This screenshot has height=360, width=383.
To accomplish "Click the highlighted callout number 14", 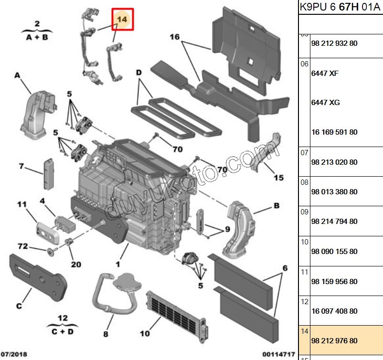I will tap(123, 19).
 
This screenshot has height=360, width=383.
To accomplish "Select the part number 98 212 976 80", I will tap(334, 341).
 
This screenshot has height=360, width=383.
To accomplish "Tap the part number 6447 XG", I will tap(325, 103).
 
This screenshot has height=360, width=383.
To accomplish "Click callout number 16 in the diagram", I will tap(174, 37).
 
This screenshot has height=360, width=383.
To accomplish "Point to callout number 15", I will tap(278, 178).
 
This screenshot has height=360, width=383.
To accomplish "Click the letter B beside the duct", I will tap(277, 207).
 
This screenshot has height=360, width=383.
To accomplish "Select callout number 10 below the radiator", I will tap(145, 333).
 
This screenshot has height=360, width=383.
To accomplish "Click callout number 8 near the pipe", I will tap(106, 334).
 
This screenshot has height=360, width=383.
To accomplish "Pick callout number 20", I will tap(76, 264).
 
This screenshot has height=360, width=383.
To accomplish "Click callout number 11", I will tap(21, 205).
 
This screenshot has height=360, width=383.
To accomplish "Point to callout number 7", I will tap(21, 167).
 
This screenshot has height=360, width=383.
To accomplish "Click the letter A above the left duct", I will tap(17, 75).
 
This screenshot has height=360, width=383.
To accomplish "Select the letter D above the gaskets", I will tap(139, 73).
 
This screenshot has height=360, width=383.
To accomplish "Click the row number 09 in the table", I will tap(304, 212).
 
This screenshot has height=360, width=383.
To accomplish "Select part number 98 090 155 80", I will tap(334, 252).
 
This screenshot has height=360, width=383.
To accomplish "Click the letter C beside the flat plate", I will tap(19, 306).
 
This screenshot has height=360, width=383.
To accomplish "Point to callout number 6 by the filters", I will tap(285, 268).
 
